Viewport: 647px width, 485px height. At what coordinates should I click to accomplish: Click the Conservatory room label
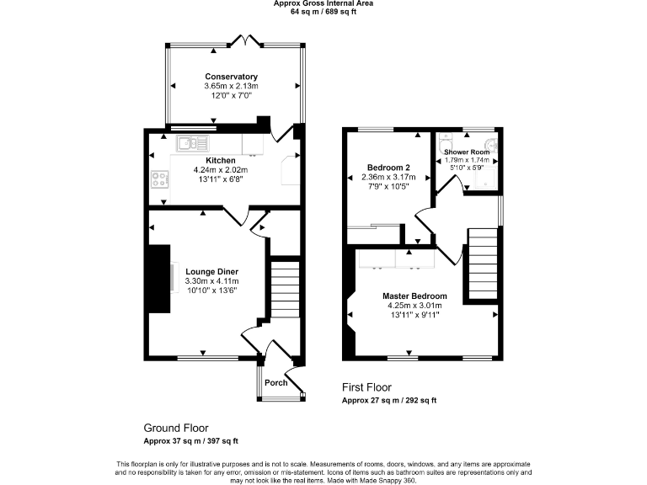click(231, 77)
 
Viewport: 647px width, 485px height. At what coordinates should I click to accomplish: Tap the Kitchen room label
click(221, 160)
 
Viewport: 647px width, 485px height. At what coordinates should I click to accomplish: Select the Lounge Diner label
click(212, 271)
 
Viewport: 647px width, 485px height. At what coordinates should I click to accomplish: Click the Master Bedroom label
click(414, 296)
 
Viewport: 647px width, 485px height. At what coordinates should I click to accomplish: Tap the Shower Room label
click(468, 152)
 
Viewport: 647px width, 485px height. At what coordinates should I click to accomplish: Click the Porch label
click(276, 382)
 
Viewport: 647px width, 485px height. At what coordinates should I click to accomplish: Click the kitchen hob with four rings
click(158, 179)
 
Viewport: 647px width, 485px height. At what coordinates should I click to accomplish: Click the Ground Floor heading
click(175, 428)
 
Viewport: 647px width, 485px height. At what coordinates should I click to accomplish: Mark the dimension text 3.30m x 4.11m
click(212, 281)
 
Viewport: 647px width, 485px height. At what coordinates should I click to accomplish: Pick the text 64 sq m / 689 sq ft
click(323, 12)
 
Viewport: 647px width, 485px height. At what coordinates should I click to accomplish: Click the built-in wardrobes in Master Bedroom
click(395, 258)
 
